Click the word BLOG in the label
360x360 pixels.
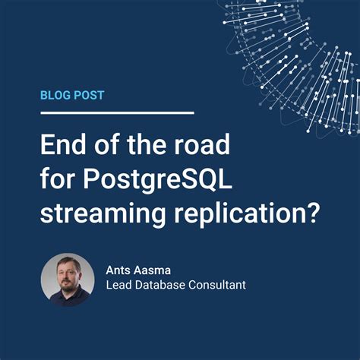coord(56,96)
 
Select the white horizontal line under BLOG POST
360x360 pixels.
coord(118,113)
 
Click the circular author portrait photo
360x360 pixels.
coord(67,279)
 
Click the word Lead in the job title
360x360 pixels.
coord(120,286)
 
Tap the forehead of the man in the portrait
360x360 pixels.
coord(68,266)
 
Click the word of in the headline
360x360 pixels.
coord(107,146)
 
